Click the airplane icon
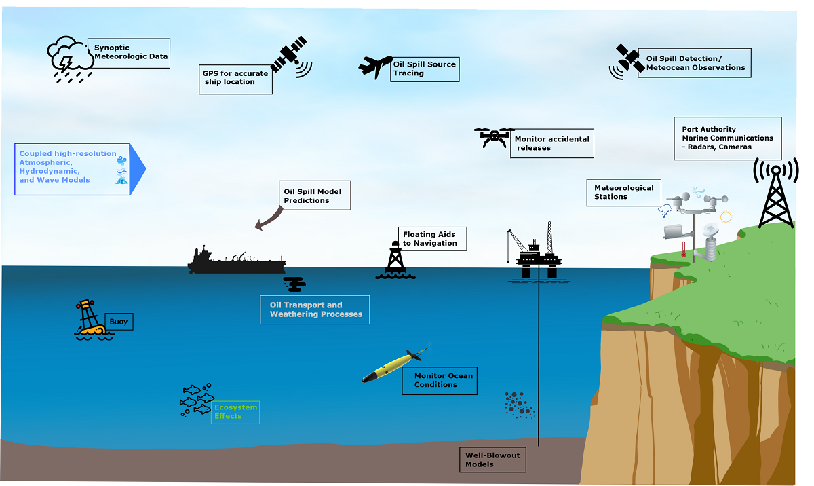click(374, 67)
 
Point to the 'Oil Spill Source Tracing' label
click(425, 69)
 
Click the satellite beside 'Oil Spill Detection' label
click(628, 60)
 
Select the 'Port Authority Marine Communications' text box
click(727, 138)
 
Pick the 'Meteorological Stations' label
click(623, 192)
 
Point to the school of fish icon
click(196, 400)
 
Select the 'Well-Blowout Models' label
click(492, 460)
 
